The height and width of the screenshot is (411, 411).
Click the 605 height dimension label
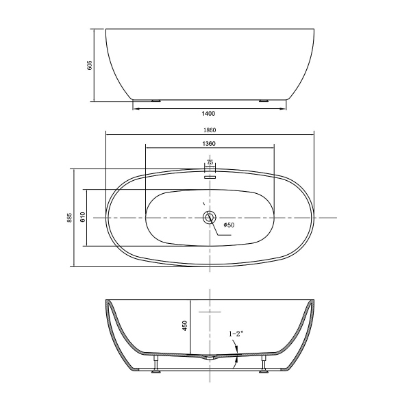(89, 65)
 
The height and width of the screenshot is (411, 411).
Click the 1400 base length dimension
(208, 113)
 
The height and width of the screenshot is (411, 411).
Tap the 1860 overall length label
(210, 130)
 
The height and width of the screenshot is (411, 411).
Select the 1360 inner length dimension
(209, 144)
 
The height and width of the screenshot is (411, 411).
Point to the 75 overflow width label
(210, 162)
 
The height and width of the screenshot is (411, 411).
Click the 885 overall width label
(69, 218)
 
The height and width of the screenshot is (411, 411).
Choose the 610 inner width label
(83, 217)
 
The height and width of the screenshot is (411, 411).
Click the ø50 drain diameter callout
(229, 225)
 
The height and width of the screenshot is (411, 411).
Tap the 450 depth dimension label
(185, 325)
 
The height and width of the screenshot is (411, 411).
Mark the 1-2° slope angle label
(236, 334)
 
